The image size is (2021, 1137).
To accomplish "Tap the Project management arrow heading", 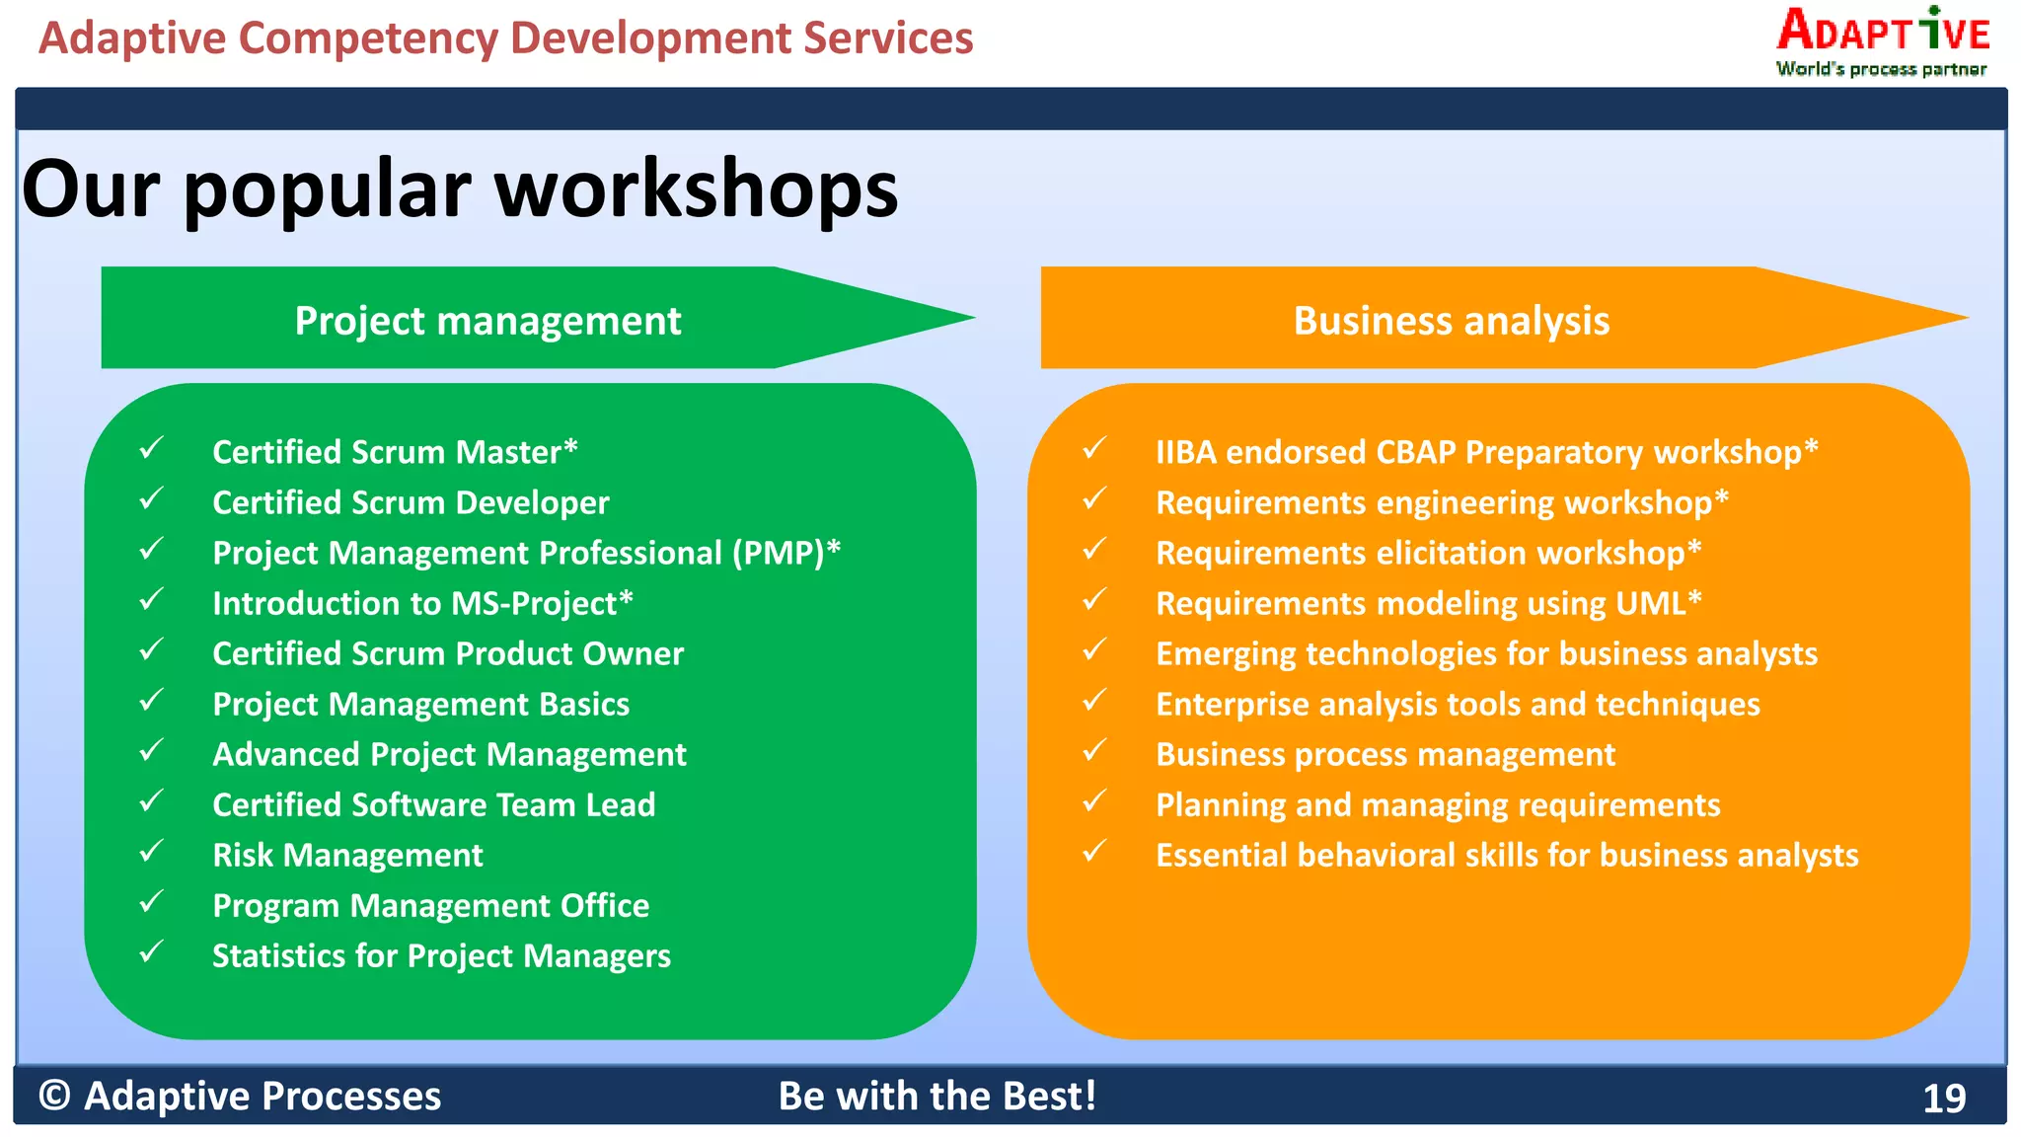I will coord(487,321).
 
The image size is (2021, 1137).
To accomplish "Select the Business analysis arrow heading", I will coord(1451,321).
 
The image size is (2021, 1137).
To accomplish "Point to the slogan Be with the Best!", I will coord(936,1097).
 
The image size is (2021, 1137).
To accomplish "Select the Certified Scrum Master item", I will coord(394,452).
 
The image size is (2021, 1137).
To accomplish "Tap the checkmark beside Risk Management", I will coord(151,851).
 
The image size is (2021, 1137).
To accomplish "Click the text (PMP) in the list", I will coord(778,553).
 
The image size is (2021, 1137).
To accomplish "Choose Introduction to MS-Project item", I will coord(421,603).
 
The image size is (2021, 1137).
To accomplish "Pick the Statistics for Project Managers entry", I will coord(441,955).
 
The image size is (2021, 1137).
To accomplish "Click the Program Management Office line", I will coord(430,905).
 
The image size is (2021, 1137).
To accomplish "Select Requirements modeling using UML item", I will coord(1427,603).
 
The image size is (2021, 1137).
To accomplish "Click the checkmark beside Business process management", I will coord(1094,750).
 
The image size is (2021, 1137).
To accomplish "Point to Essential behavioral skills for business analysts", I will coord(1506,855).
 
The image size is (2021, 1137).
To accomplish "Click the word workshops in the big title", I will coord(696,189).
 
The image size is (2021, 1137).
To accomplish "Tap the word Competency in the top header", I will coord(367,38).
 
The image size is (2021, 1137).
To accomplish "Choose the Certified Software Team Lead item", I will coord(433,804).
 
